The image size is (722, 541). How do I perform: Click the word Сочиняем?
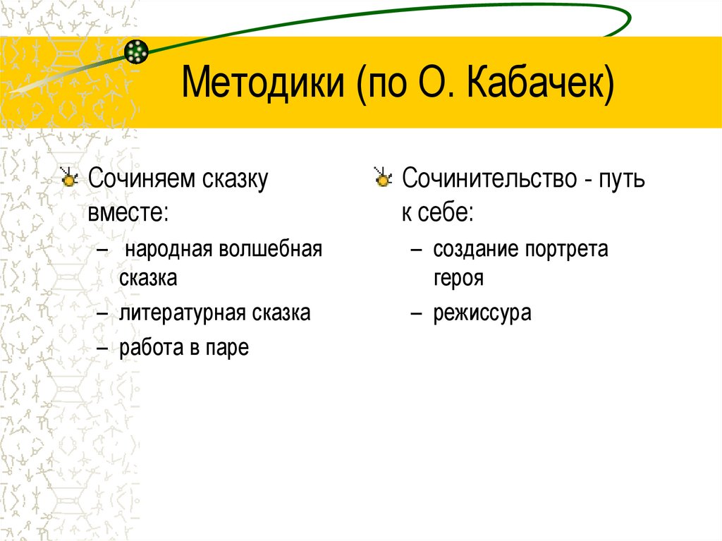pos(135,180)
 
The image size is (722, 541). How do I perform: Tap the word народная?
pos(169,250)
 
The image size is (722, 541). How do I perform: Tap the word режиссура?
pos(482,312)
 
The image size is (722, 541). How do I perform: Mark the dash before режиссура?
pos(417,312)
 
